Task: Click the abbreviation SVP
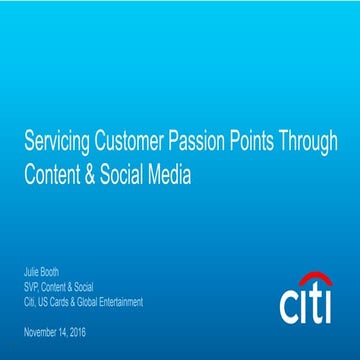(31, 286)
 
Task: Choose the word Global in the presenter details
(88, 300)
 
